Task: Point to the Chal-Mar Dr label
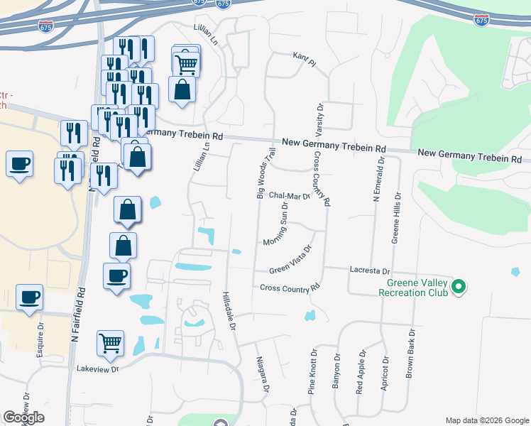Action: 290,197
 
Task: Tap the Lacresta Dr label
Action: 370,271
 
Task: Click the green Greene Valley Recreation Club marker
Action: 459,288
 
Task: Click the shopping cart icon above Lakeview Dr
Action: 110,344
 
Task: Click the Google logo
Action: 23,417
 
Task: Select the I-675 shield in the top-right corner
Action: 481,19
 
